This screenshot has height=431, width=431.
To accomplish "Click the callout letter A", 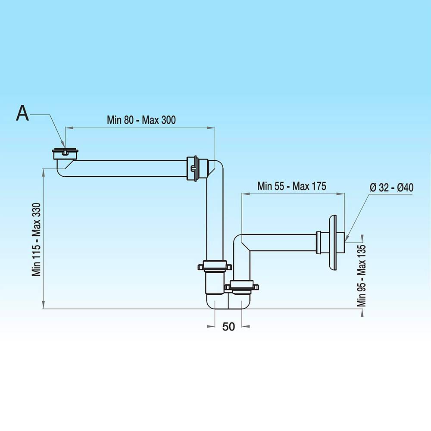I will point(22,113).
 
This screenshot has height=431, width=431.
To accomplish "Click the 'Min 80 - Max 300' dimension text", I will point(141,120).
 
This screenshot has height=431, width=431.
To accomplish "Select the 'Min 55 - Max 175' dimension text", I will point(292,186).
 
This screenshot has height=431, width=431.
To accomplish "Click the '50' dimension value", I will point(228,327).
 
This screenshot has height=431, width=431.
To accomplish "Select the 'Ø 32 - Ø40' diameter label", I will point(391,187).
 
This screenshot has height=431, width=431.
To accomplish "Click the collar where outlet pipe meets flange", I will point(321,243).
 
